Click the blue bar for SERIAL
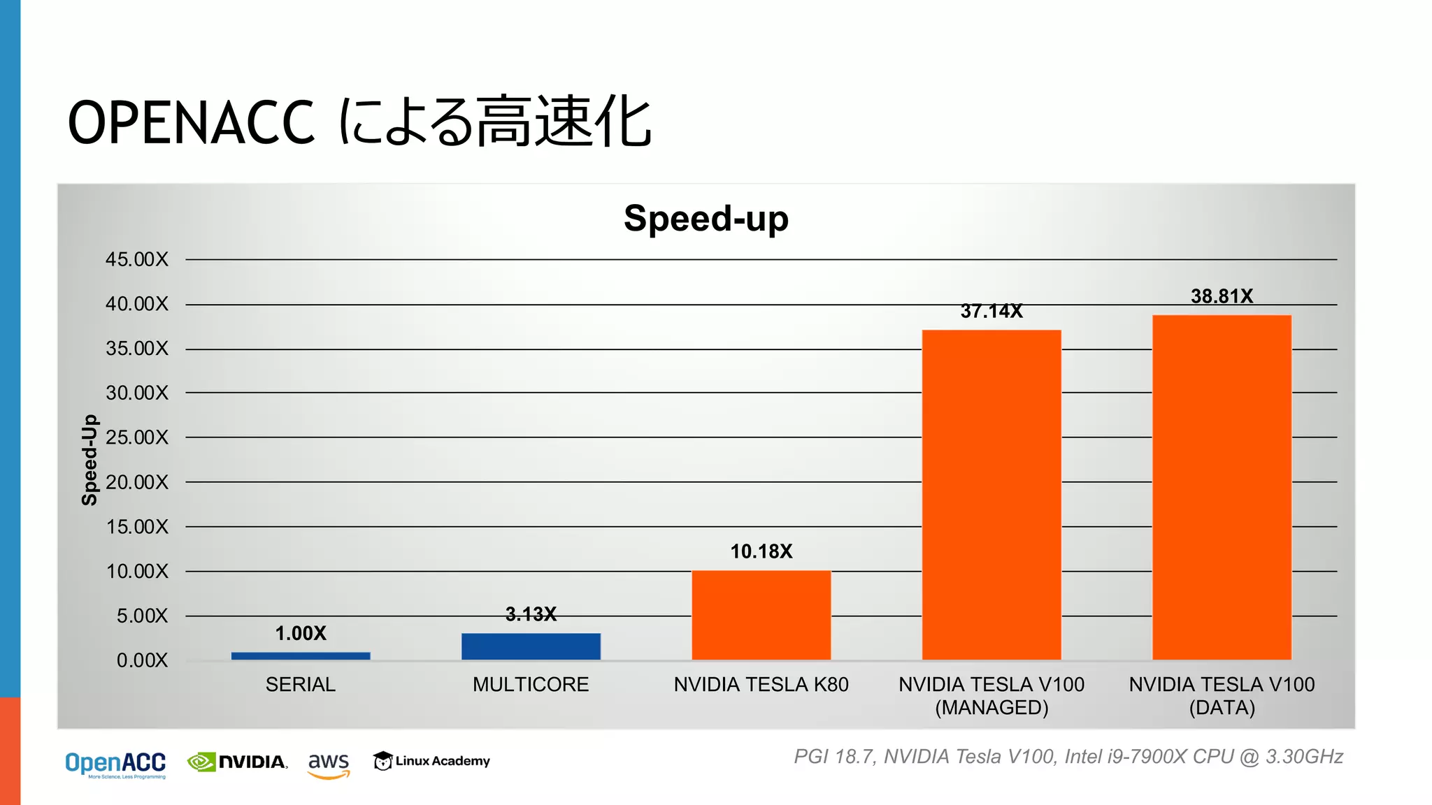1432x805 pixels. [301, 655]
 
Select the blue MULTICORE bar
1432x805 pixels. [531, 646]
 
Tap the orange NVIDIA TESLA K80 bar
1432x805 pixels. [761, 615]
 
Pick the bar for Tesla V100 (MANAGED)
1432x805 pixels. [991, 495]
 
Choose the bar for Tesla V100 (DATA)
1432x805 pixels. [1222, 487]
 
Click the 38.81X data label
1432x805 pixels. [1222, 296]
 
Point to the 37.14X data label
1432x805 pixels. [991, 311]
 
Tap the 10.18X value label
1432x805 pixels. [761, 551]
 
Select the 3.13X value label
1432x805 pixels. [531, 614]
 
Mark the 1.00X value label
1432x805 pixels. [301, 633]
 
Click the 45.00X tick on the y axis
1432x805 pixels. [137, 259]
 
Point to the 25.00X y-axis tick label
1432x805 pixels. [137, 437]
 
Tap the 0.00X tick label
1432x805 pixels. [142, 660]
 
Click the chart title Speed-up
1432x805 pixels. [706, 218]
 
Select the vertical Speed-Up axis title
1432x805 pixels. [89, 460]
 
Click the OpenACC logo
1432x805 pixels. [115, 764]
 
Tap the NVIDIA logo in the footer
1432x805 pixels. [238, 762]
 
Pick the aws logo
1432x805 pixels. [329, 764]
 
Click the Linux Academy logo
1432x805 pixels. [431, 760]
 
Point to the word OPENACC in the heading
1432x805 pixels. [191, 122]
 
